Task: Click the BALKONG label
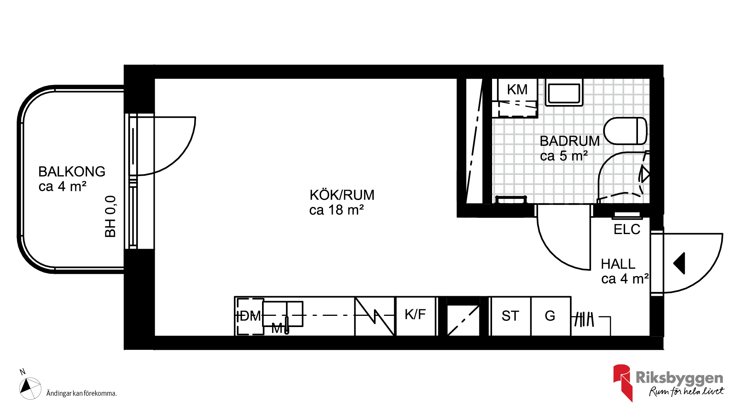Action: pyautogui.click(x=72, y=171)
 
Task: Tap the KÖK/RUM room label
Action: pyautogui.click(x=342, y=195)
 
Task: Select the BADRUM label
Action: pyautogui.click(x=570, y=141)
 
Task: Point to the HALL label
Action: pyautogui.click(x=618, y=264)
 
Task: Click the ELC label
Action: pyautogui.click(x=627, y=229)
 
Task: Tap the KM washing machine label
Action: pyautogui.click(x=517, y=90)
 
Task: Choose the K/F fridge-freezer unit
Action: pyautogui.click(x=415, y=316)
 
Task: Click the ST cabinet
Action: pyautogui.click(x=510, y=316)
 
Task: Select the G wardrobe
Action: pyautogui.click(x=551, y=316)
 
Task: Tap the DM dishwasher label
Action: pyautogui.click(x=250, y=316)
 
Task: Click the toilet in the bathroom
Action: pyautogui.click(x=625, y=131)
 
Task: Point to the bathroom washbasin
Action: pyautogui.click(x=564, y=93)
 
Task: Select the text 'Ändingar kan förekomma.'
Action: pyautogui.click(x=81, y=393)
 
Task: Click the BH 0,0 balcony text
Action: pyautogui.click(x=110, y=216)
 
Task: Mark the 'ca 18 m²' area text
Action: pyautogui.click(x=337, y=210)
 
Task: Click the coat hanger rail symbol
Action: pyautogui.click(x=584, y=319)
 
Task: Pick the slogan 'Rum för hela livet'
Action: pyautogui.click(x=687, y=391)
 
